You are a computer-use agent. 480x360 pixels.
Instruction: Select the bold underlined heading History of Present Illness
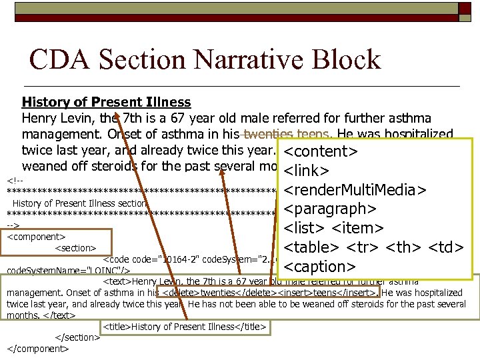106,102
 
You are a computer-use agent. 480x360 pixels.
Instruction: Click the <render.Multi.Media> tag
355,190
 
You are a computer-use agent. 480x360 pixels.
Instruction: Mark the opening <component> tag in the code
36,235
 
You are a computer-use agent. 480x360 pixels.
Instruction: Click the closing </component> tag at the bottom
38,348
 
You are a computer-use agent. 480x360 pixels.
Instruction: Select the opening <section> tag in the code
75,247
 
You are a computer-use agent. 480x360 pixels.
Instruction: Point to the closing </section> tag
77,337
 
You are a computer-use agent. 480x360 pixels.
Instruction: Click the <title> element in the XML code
184,327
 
